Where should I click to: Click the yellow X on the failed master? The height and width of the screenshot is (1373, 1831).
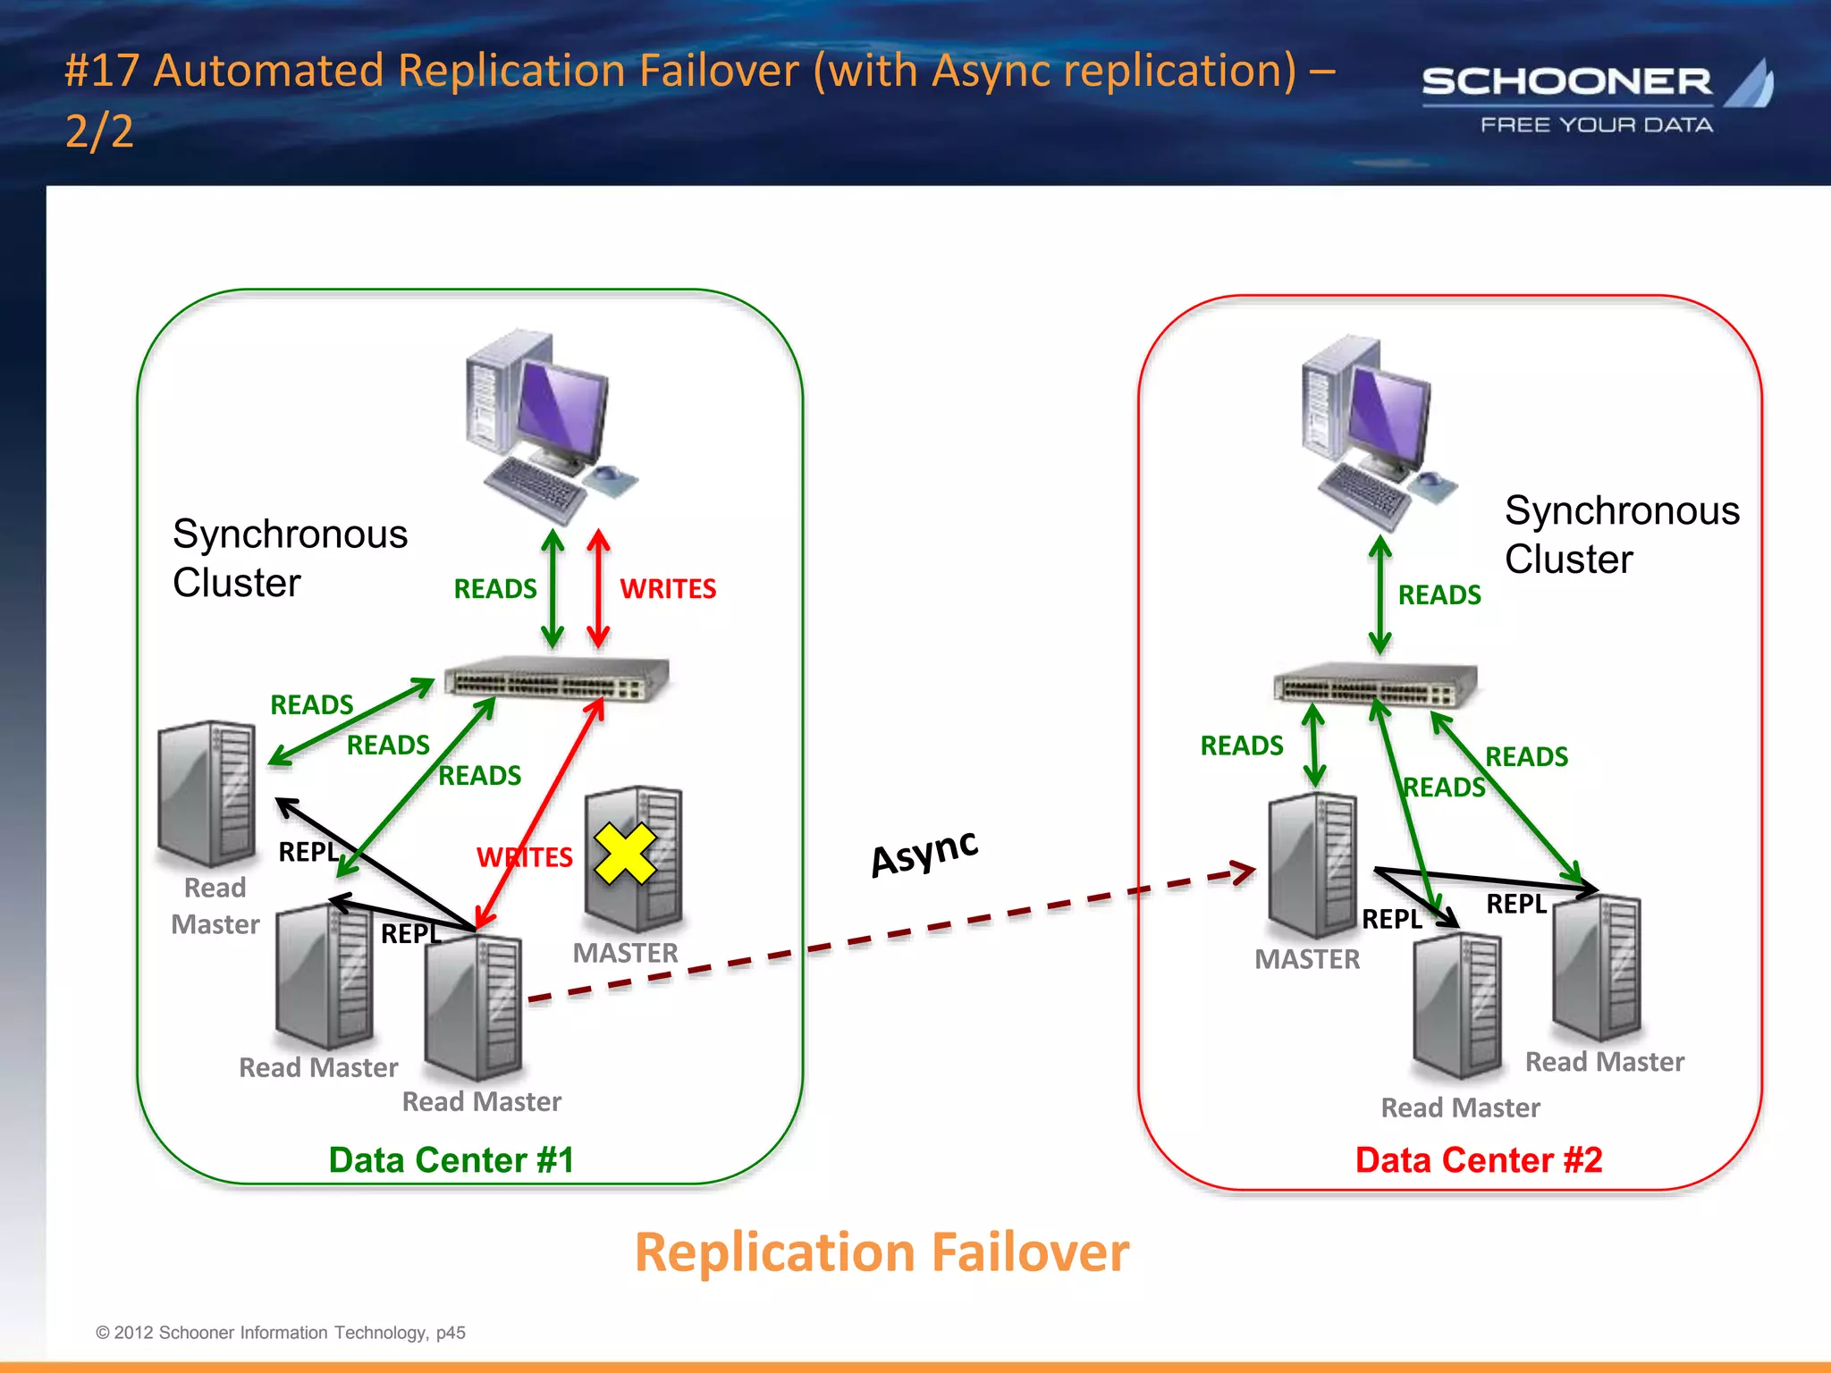625,854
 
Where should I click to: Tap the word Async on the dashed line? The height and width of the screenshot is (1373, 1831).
924,853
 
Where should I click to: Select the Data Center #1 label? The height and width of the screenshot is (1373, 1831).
451,1159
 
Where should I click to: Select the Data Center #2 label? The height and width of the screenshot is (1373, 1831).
1479,1159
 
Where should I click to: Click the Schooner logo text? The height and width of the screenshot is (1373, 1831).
1566,82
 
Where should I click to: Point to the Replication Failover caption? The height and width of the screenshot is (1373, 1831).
882,1252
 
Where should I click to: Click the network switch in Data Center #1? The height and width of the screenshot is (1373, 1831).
557,679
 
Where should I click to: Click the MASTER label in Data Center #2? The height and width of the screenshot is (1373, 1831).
1306,959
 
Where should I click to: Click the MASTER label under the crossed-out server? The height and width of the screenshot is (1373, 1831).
625,953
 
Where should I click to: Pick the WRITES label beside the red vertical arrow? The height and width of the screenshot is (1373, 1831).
668,589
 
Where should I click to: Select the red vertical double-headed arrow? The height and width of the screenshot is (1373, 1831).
598,588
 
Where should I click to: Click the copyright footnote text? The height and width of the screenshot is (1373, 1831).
280,1332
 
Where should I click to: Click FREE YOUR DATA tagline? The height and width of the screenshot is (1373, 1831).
1596,125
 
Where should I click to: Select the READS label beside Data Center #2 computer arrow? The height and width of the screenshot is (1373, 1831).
1439,595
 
